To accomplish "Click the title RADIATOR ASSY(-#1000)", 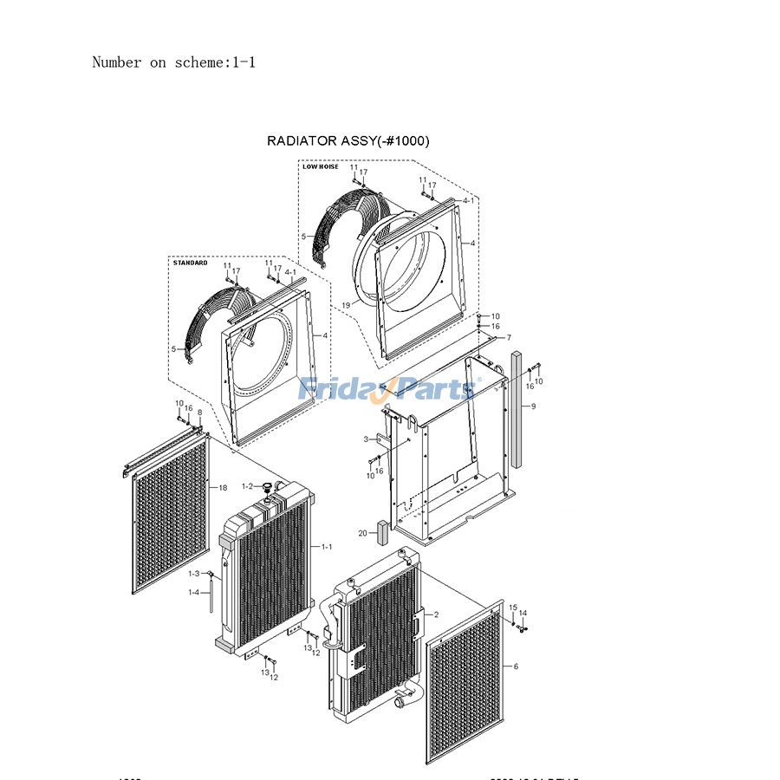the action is point(348,140).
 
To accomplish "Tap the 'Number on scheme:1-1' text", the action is point(173,62).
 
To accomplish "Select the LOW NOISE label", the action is point(321,166).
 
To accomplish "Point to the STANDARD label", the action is point(191,263).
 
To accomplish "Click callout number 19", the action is point(345,305).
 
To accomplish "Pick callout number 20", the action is point(362,532).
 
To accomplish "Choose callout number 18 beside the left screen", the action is point(223,488).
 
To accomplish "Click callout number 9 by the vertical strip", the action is point(534,406).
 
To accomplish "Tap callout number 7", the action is point(509,337).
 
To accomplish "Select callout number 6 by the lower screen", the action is point(516,666).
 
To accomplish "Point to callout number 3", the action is point(367,439).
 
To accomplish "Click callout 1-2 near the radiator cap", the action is point(247,486).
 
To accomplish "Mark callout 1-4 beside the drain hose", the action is point(194,592).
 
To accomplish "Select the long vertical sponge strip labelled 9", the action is point(517,407).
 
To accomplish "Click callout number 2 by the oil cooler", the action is point(436,614).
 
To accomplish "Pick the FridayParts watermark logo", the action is point(386,389).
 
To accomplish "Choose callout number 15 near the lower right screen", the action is point(512,608).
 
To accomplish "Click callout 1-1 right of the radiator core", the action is point(327,547).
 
